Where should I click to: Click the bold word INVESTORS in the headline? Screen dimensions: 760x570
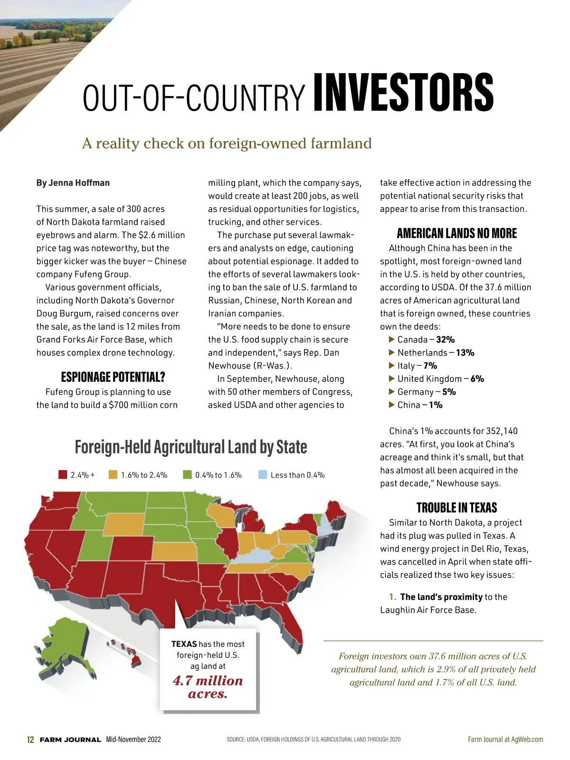pyautogui.click(x=403, y=93)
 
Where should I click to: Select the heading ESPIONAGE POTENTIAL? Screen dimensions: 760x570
pyautogui.click(x=113, y=377)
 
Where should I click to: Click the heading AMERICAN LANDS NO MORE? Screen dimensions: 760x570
pyautogui.click(x=456, y=233)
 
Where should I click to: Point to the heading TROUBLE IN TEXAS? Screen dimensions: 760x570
pyautogui.click(x=456, y=507)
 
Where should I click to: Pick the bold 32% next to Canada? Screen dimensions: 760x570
pyautogui.click(x=446, y=340)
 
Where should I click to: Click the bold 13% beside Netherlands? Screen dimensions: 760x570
pyautogui.click(x=465, y=352)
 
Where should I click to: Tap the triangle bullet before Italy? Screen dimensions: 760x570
pyautogui.click(x=392, y=365)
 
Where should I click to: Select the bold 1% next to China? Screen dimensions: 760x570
pyautogui.click(x=436, y=405)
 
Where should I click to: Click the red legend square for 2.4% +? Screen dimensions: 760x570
pyautogui.click(x=63, y=475)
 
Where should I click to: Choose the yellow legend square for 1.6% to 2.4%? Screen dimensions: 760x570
pyautogui.click(x=113, y=475)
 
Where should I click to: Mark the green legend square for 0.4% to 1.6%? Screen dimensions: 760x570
pyautogui.click(x=187, y=475)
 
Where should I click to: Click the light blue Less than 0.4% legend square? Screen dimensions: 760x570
pyautogui.click(x=263, y=475)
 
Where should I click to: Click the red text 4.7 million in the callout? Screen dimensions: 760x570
pyautogui.click(x=208, y=681)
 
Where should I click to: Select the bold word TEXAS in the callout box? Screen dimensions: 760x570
pyautogui.click(x=184, y=644)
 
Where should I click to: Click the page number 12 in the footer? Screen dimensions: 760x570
pyautogui.click(x=30, y=740)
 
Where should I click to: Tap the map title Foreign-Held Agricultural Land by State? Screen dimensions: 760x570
pyautogui.click(x=191, y=447)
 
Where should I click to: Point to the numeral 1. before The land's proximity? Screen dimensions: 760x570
pyautogui.click(x=393, y=597)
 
